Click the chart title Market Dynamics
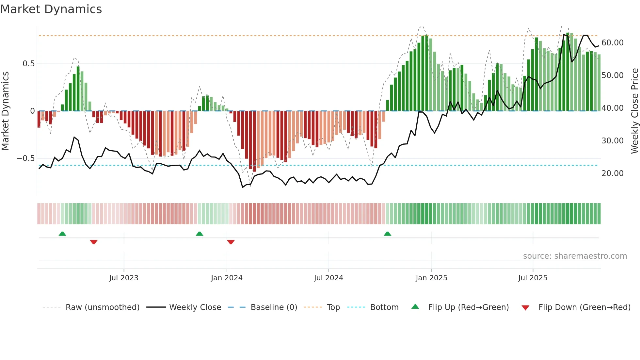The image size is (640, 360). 51,9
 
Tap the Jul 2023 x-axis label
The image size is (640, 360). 124,278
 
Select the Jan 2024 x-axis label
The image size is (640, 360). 227,278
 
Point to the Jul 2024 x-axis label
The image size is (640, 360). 328,278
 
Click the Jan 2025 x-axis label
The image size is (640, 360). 431,278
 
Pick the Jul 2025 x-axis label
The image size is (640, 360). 533,278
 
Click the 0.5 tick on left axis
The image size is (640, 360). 28,64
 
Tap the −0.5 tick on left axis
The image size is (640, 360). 26,158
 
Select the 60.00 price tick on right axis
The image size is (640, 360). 612,43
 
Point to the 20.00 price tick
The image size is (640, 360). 612,173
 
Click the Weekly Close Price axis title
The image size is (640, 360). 634,111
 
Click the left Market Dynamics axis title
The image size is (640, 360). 5,111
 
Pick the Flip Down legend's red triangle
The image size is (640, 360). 525,308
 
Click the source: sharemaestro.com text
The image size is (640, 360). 575,256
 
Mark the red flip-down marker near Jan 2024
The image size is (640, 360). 231,242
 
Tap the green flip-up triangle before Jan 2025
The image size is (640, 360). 387,234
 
